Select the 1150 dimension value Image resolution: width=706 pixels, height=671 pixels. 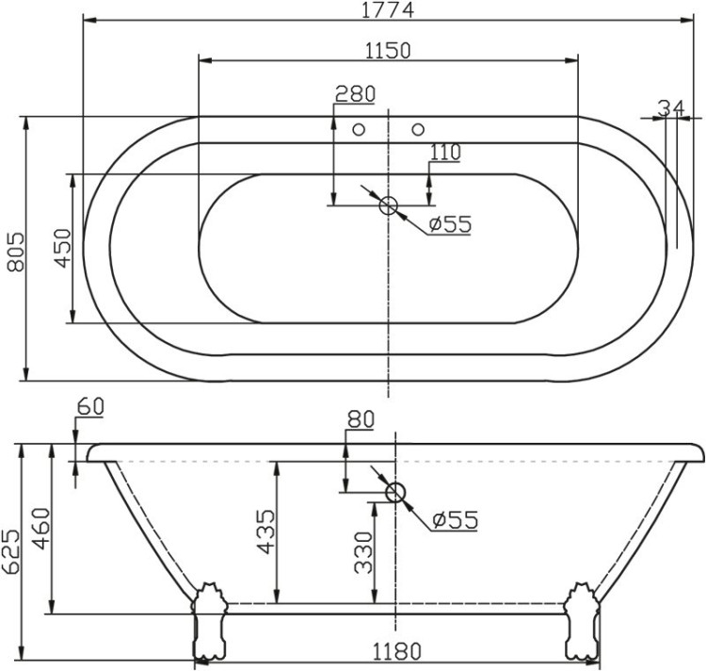click(388, 50)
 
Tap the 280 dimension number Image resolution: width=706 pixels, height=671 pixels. click(355, 93)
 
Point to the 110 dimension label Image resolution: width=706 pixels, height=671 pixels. click(444, 153)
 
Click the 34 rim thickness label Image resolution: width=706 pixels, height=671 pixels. click(670, 108)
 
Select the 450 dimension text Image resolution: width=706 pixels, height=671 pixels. click(62, 249)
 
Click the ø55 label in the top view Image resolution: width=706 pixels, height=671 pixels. click(448, 224)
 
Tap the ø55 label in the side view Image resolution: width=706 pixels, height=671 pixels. click(455, 519)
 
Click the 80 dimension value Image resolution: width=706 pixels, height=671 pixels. click(361, 419)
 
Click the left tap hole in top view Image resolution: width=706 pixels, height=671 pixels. click(358, 129)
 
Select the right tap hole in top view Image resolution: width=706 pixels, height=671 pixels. click(419, 129)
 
